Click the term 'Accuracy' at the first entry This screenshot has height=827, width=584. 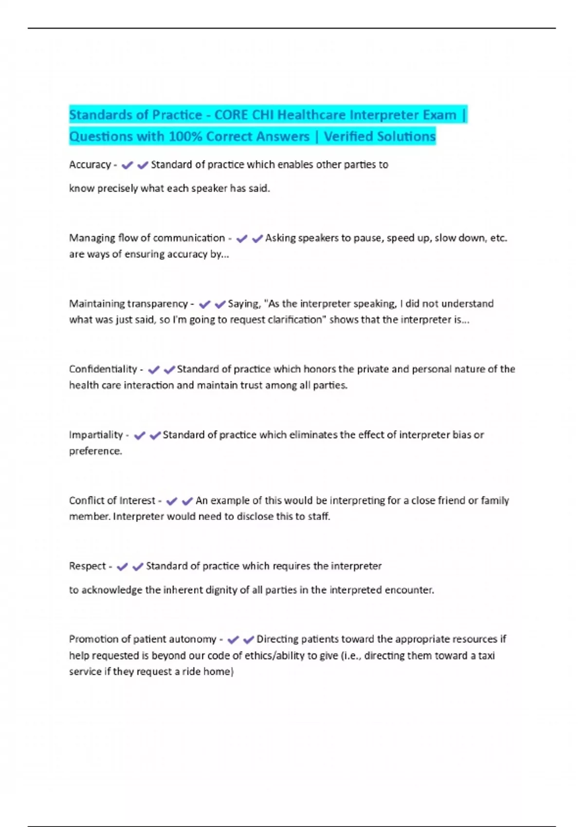tap(90, 165)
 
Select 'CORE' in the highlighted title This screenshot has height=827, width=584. tap(231, 115)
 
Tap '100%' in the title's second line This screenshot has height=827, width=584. tap(185, 137)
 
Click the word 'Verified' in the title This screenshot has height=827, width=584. tap(350, 137)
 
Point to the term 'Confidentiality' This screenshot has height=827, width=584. tap(103, 369)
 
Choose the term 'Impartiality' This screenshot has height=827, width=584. tap(96, 435)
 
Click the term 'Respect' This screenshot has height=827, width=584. tap(87, 566)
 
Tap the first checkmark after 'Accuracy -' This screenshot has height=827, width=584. tap(127, 165)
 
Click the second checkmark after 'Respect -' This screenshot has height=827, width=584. tap(138, 567)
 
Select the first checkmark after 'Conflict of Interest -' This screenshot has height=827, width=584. tap(171, 501)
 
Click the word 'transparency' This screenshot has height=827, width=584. tap(157, 304)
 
